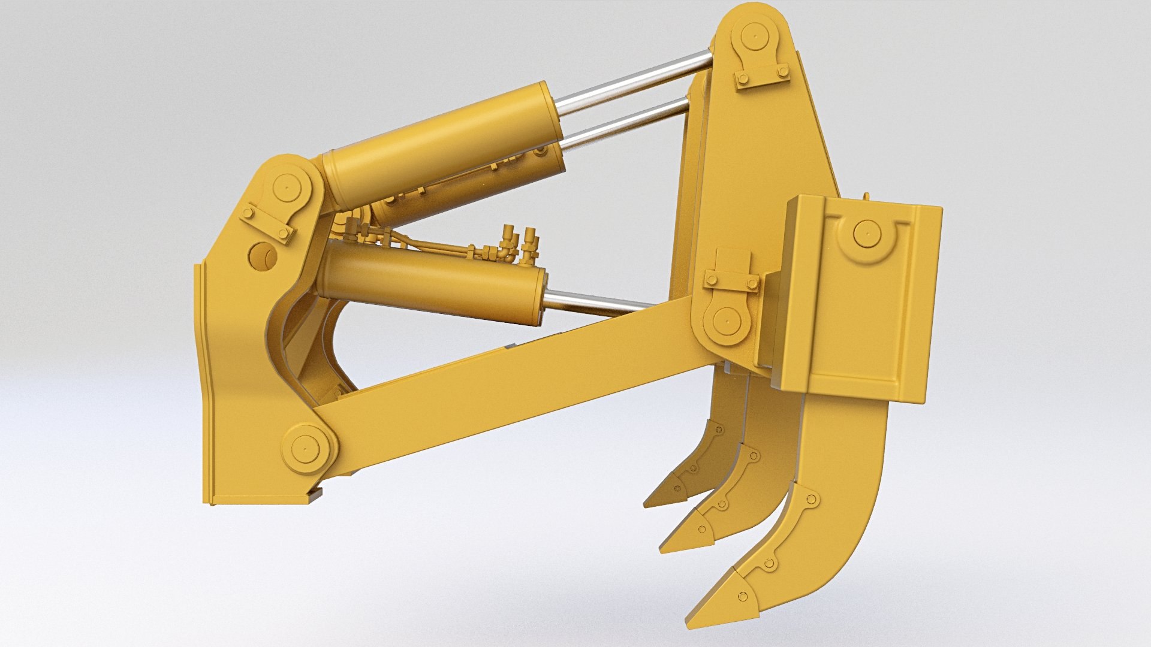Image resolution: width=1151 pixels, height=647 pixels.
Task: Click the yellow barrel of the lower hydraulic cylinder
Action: pyautogui.click(x=432, y=282)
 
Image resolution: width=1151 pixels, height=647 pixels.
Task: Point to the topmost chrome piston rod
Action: pyautogui.click(x=635, y=78)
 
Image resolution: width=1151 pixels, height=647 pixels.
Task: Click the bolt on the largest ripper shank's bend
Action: pyautogui.click(x=812, y=498)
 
